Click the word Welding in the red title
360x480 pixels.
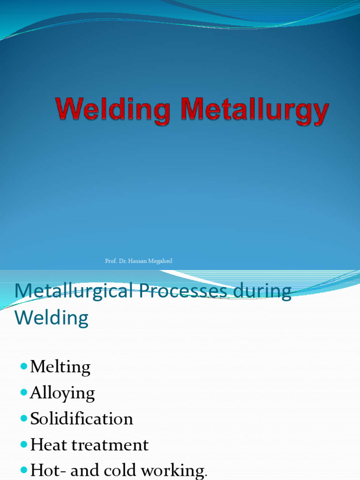click(112, 111)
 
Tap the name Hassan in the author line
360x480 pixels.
click(138, 261)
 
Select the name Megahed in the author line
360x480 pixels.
click(161, 261)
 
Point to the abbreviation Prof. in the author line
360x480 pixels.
click(111, 261)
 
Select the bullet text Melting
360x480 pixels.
click(60, 367)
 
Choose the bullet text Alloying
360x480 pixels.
click(62, 393)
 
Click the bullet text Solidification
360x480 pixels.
click(82, 419)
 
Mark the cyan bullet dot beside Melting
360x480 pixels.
click(24, 366)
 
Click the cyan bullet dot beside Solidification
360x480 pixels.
click(24, 418)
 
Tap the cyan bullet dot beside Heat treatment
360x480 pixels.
click(24, 444)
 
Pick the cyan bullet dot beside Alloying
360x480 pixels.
click(24, 392)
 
